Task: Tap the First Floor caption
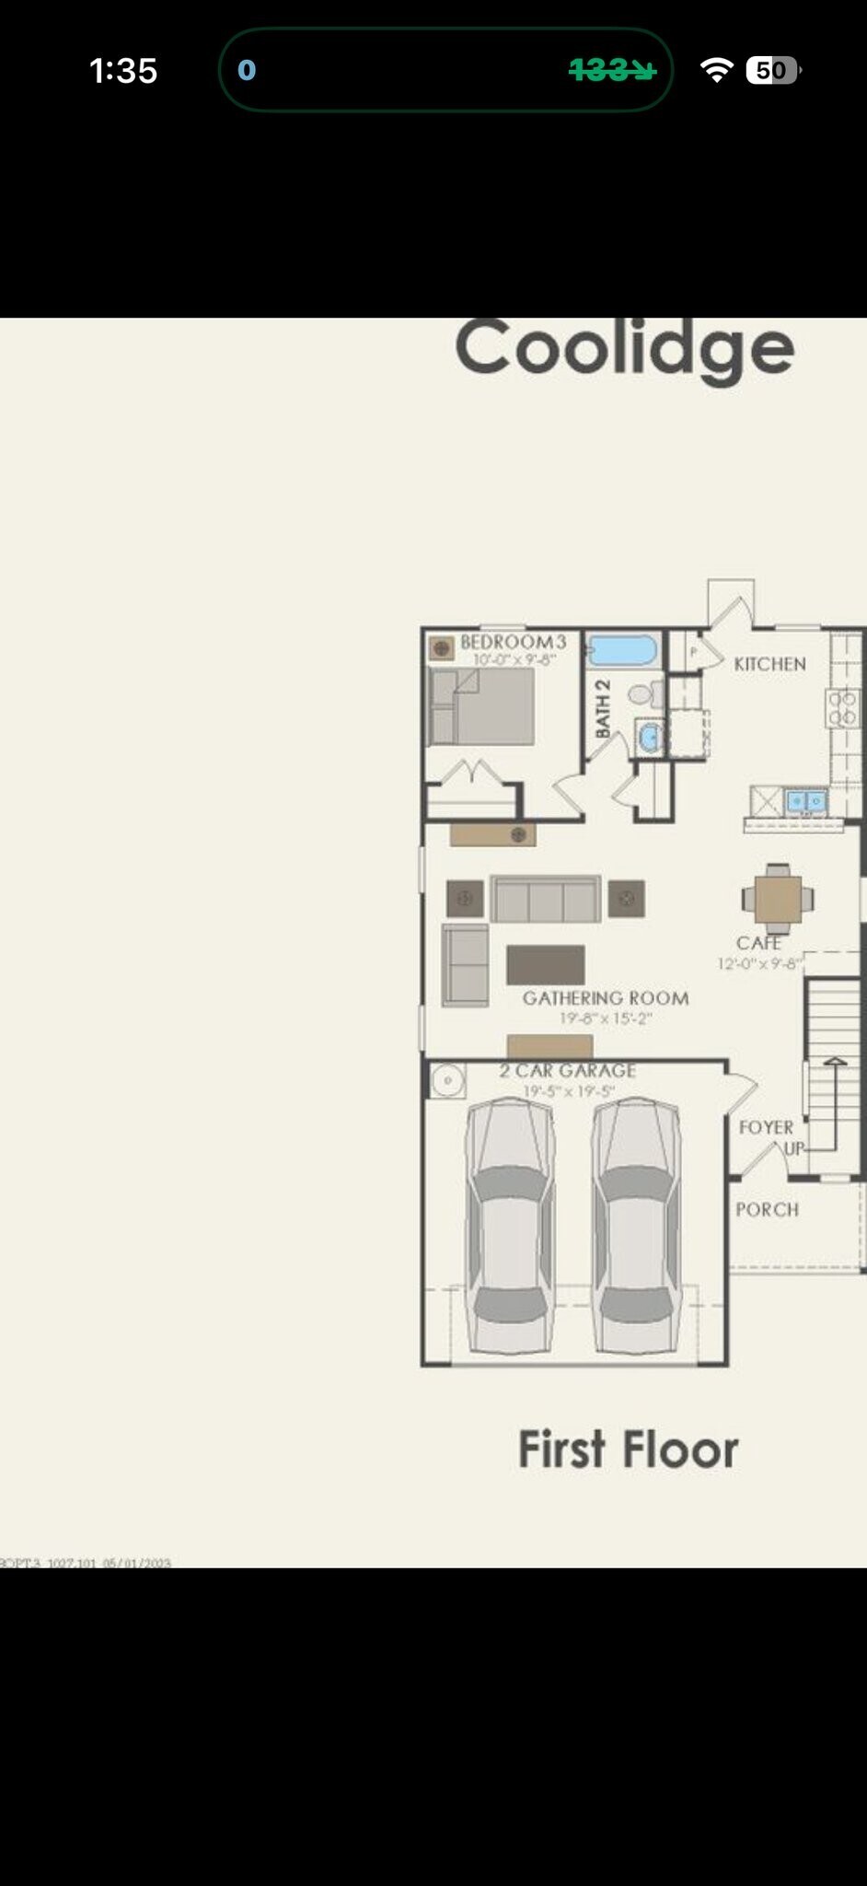628,1449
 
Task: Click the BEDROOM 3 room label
513,642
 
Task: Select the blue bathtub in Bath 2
623,650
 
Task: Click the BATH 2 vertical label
603,708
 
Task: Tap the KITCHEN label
769,664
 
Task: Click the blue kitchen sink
805,801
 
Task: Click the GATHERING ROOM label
606,998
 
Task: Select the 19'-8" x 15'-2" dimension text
606,1019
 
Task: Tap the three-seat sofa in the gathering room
546,900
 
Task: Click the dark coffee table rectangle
545,965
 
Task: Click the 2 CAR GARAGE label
568,1071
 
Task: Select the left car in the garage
509,1225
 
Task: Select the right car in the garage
636,1225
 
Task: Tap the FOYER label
766,1127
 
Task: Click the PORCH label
767,1210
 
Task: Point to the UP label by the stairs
793,1148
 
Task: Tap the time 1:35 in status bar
123,71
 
